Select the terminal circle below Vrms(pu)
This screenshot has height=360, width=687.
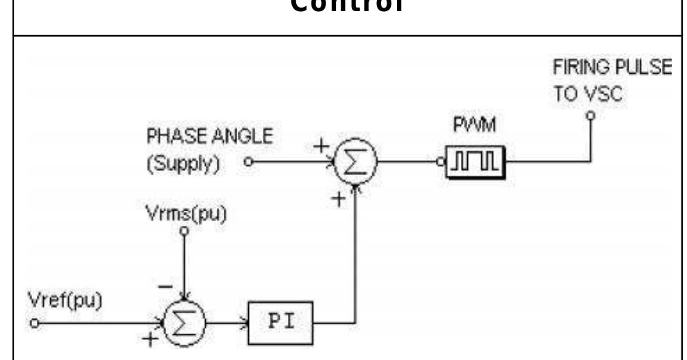click(x=184, y=232)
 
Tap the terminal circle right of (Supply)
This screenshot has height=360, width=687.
click(x=248, y=165)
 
